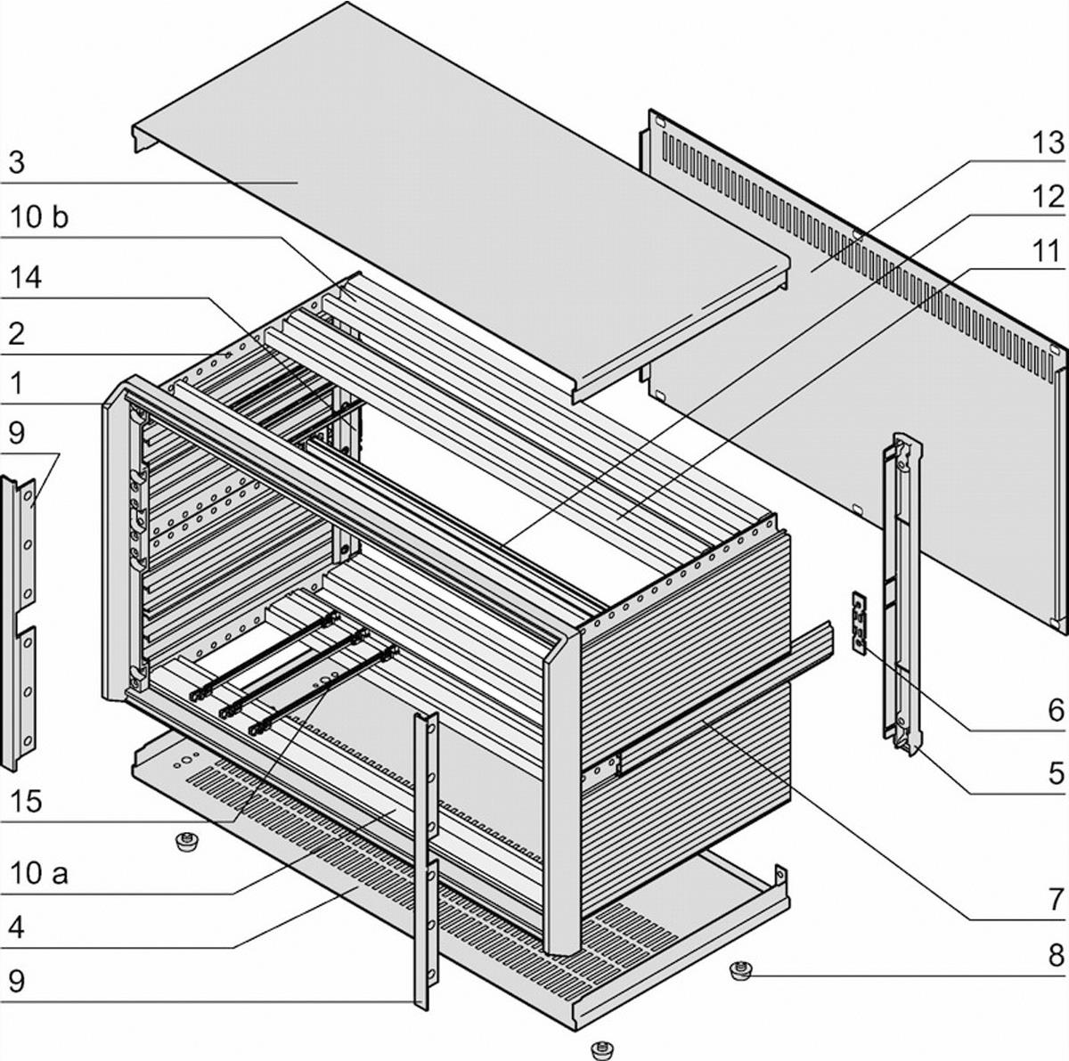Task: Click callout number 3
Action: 17,163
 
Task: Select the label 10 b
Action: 38,217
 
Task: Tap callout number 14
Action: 26,278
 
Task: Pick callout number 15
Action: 26,800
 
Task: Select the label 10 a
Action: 38,873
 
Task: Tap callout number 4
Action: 17,927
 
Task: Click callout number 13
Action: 1048,143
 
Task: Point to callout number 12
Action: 1048,197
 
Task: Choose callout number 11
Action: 1048,251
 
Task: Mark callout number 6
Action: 1055,710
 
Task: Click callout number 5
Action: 1055,771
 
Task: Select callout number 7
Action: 1055,898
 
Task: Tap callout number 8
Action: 1055,956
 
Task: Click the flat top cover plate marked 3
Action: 445,178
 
